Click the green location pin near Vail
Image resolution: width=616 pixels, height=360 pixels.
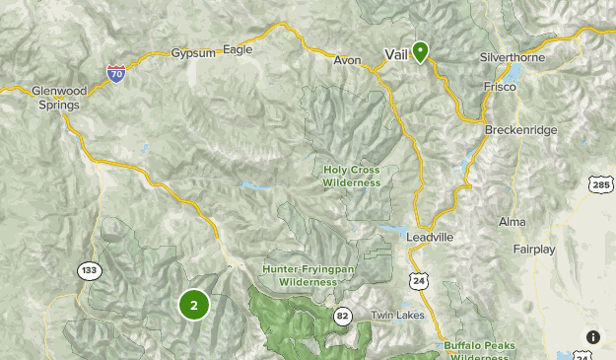tap(420, 51)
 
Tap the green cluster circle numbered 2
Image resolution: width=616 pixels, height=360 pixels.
tap(194, 305)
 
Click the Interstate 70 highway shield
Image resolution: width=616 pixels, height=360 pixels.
tap(116, 72)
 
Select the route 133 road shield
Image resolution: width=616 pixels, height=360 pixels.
tap(90, 270)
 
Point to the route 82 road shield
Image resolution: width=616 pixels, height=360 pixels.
tap(343, 316)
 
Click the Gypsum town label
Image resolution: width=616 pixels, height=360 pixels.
tap(192, 52)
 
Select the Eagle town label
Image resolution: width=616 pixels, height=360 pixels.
tap(238, 49)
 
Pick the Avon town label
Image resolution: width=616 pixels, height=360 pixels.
tap(347, 60)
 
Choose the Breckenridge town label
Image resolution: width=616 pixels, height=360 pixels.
tap(521, 130)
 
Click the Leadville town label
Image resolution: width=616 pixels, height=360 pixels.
tap(429, 238)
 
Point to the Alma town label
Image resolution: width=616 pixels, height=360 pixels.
tap(513, 222)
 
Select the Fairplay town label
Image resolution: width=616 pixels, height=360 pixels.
tap(535, 250)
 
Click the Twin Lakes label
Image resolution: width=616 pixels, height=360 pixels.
tap(395, 316)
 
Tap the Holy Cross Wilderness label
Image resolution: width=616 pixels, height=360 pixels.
tap(352, 176)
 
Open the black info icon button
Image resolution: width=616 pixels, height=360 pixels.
tap(592, 337)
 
